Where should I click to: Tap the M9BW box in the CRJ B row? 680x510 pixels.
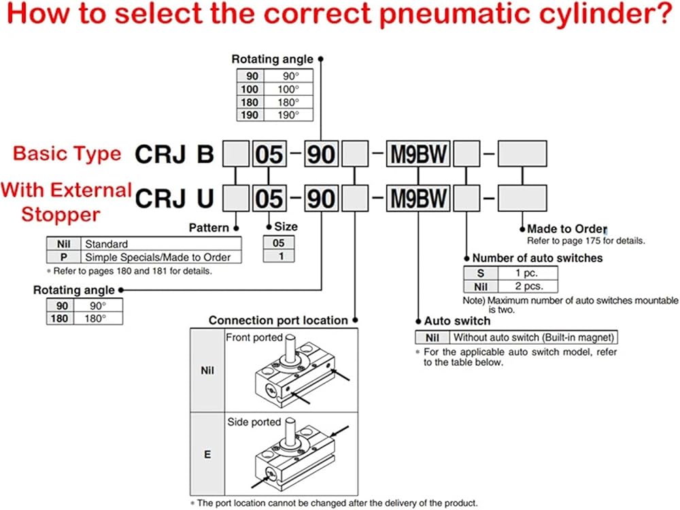(417, 154)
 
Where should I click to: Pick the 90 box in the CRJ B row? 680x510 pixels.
(320, 154)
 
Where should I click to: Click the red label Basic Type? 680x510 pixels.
(67, 153)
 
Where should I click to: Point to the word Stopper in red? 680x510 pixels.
(61, 215)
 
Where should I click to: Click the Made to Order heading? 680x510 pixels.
(566, 229)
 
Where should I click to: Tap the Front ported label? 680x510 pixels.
(253, 337)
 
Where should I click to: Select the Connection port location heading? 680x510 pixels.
(277, 320)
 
